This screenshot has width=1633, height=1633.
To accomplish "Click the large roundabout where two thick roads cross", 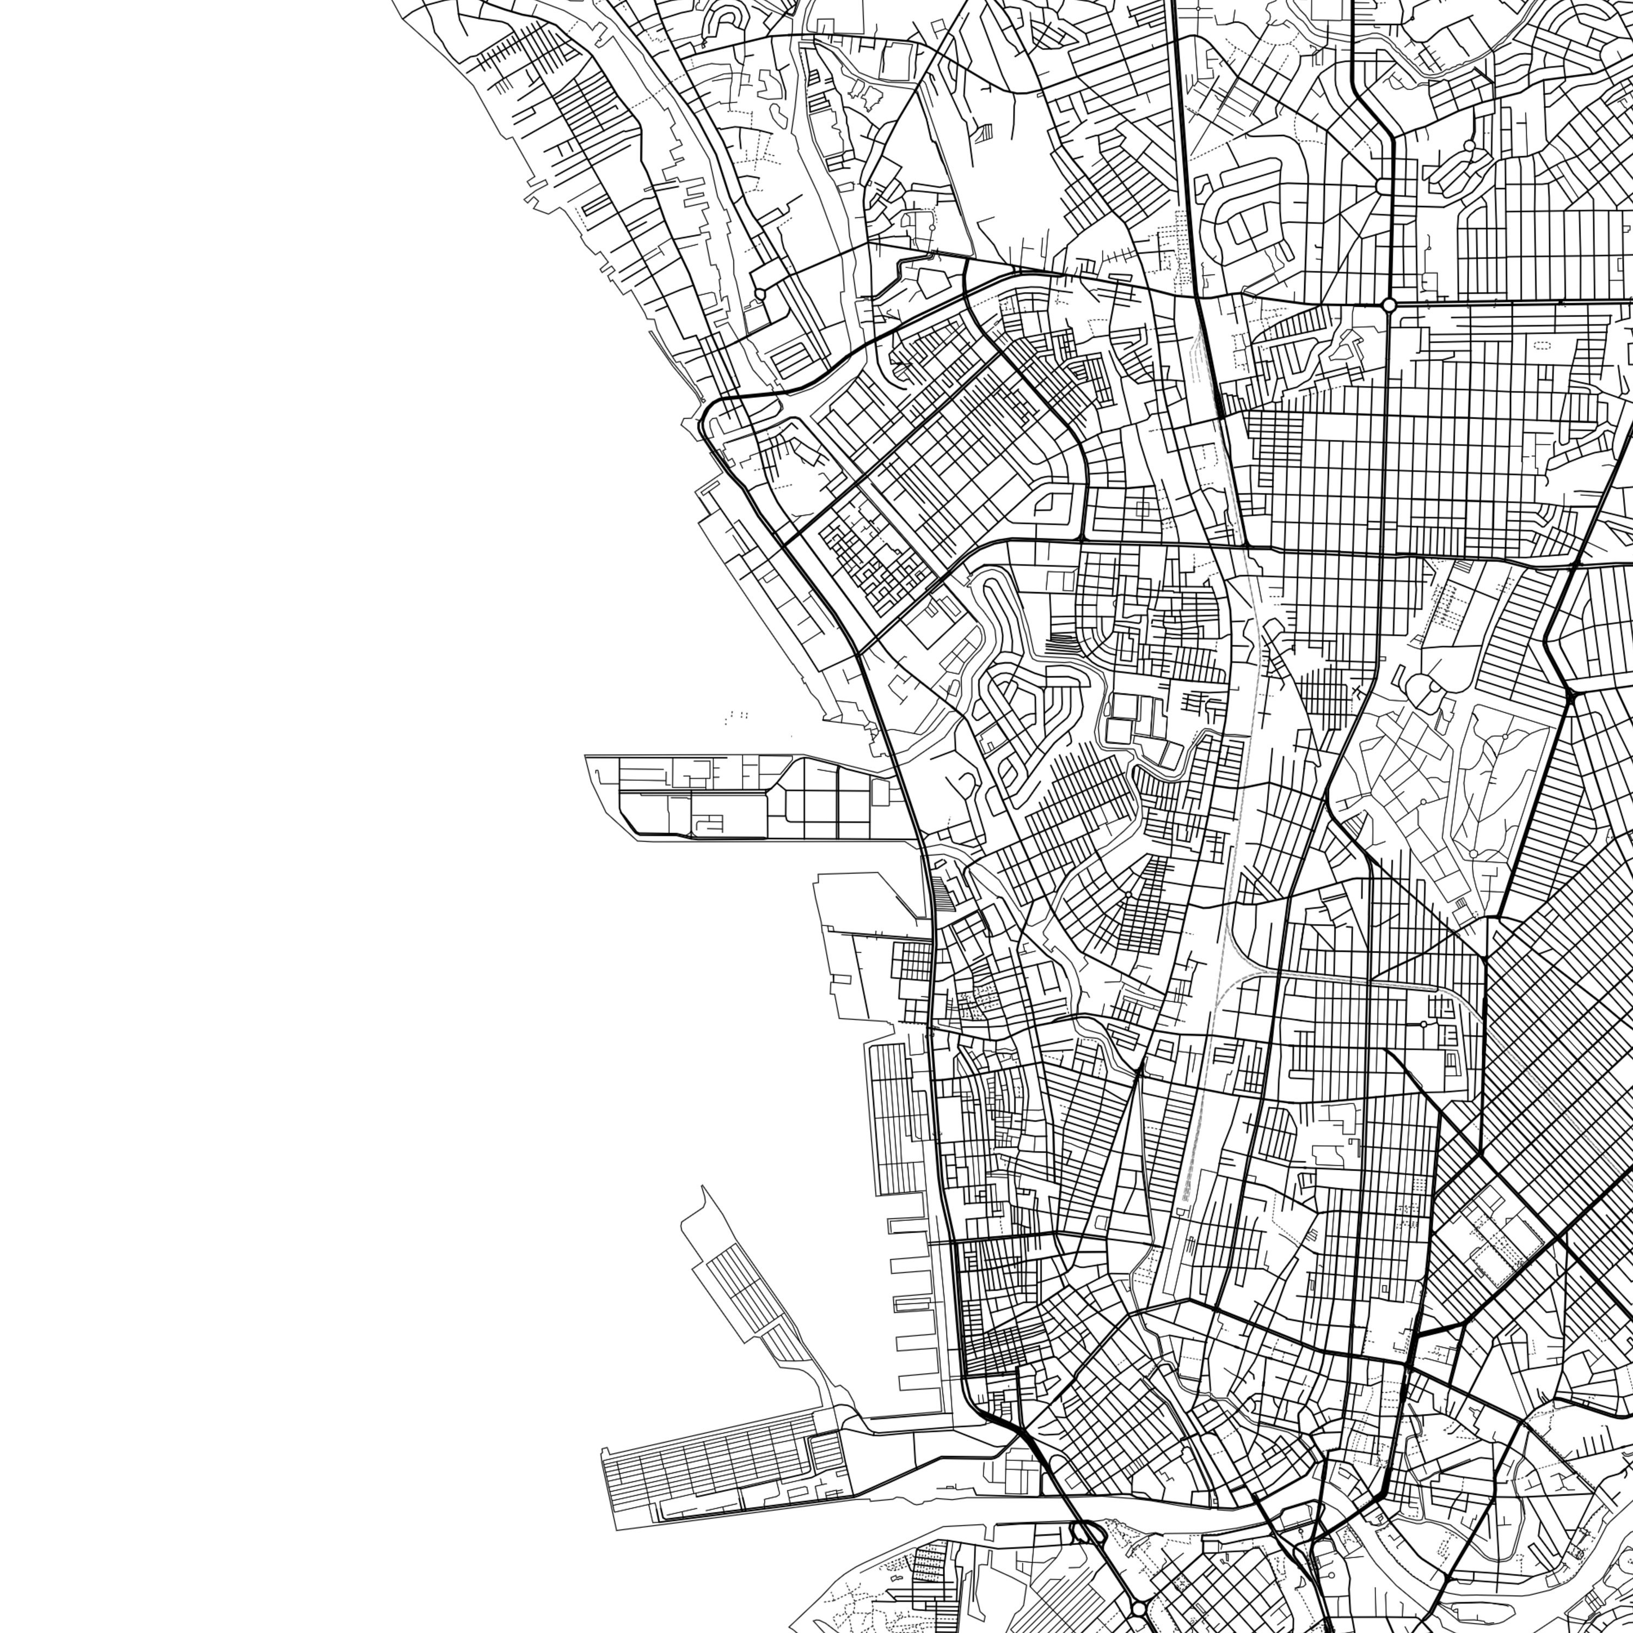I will click(1389, 304).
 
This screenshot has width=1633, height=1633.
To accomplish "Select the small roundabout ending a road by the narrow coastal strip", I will click(759, 294).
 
